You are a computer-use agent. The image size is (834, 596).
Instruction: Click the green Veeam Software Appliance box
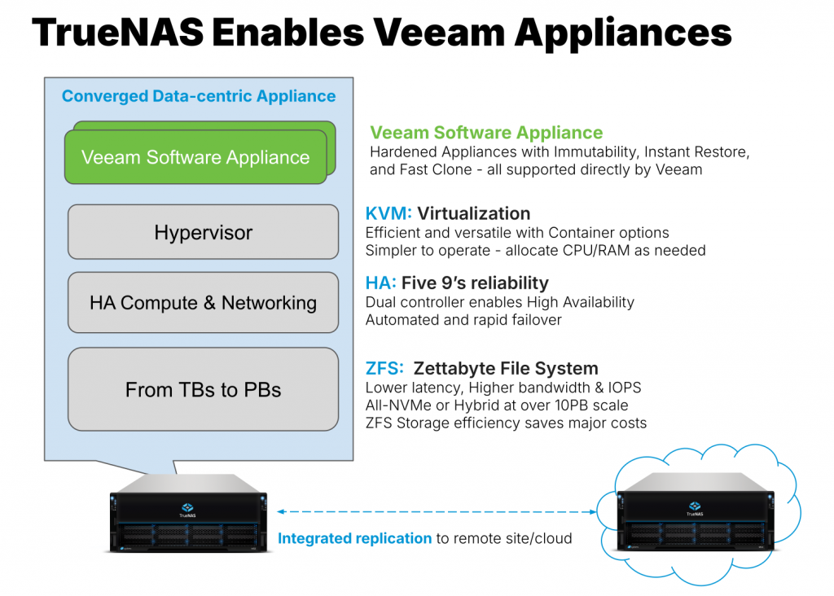tap(195, 157)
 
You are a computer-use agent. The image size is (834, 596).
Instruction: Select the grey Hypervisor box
tap(203, 233)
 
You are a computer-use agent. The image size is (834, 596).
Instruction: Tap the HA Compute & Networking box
tap(203, 303)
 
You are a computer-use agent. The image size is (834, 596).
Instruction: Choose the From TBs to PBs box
tap(203, 390)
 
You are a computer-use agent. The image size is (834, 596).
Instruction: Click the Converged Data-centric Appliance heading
tap(199, 96)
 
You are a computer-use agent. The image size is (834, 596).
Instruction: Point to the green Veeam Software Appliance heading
tap(486, 133)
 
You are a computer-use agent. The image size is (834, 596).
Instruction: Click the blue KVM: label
tap(389, 213)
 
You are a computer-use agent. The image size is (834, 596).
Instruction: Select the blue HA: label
tap(381, 283)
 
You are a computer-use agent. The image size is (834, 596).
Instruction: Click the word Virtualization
tap(474, 213)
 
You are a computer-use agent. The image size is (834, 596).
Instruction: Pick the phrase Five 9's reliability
tap(475, 283)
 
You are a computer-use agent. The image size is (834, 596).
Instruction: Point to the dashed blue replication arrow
tap(436, 511)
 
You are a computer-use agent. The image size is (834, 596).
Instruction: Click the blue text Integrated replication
tap(355, 538)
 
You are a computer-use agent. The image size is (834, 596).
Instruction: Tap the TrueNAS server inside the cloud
tap(695, 522)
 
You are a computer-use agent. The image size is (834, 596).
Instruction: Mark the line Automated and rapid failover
tap(463, 320)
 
